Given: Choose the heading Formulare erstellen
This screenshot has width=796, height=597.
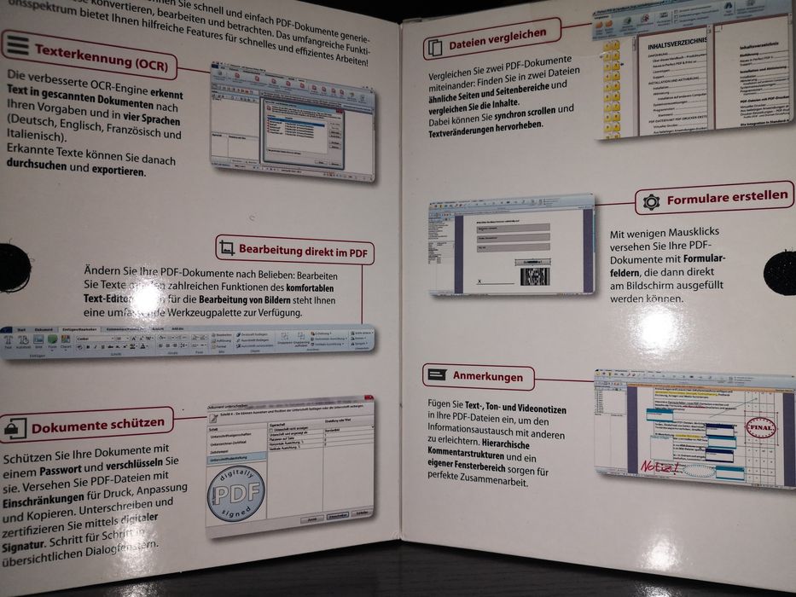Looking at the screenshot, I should tap(727, 197).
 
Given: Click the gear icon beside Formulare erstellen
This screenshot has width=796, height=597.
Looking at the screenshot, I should tap(652, 201).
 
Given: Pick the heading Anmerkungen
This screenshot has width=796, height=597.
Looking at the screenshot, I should tap(487, 376).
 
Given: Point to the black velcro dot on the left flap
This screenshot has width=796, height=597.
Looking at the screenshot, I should tap(12, 267).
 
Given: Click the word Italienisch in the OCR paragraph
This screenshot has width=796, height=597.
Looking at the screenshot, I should tap(34, 136).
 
